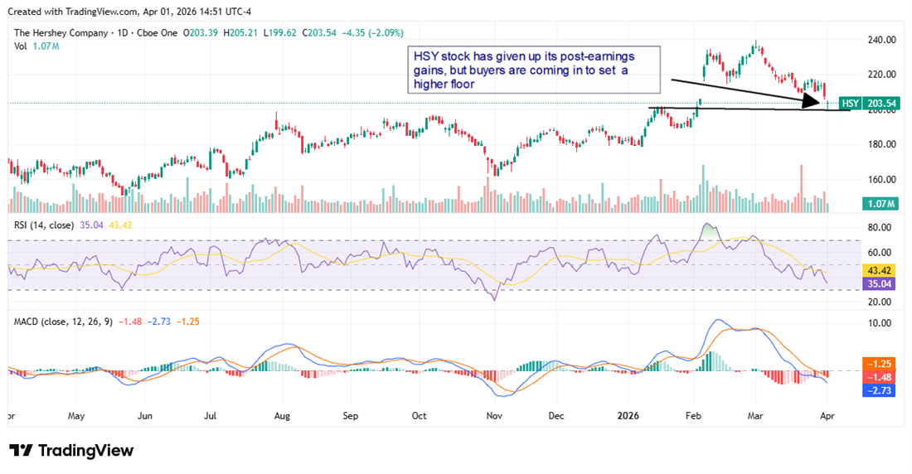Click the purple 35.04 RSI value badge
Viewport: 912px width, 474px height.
[880, 283]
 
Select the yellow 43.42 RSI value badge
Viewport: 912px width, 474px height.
[880, 271]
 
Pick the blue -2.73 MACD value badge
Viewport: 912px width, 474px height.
[880, 389]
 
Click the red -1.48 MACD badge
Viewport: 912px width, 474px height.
[880, 376]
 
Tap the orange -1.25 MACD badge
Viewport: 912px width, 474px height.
[880, 364]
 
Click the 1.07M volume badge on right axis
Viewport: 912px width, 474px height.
[880, 204]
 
